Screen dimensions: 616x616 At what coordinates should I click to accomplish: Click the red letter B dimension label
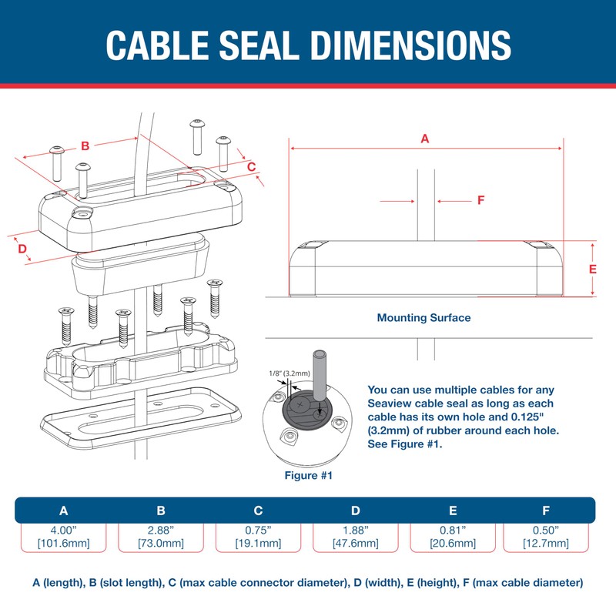(85, 146)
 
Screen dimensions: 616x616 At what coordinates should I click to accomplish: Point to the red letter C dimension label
(251, 166)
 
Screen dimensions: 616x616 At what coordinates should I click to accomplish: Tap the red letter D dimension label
(22, 249)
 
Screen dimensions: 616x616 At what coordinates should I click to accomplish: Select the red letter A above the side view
(424, 139)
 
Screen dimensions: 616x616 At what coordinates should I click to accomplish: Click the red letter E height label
(592, 269)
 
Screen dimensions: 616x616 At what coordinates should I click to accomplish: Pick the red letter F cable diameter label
(480, 200)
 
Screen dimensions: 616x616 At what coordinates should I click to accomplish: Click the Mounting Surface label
(423, 317)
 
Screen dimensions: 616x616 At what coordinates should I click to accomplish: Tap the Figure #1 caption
(308, 475)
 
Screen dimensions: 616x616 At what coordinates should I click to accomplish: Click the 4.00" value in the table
(64, 531)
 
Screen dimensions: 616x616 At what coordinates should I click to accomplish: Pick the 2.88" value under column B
(161, 531)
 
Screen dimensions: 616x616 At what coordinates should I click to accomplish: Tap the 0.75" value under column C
(258, 531)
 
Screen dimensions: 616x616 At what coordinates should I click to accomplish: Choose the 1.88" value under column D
(356, 531)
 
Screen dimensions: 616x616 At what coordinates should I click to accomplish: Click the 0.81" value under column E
(453, 531)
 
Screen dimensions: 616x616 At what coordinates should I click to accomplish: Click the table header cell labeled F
(545, 511)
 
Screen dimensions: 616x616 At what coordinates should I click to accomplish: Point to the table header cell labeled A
(64, 511)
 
